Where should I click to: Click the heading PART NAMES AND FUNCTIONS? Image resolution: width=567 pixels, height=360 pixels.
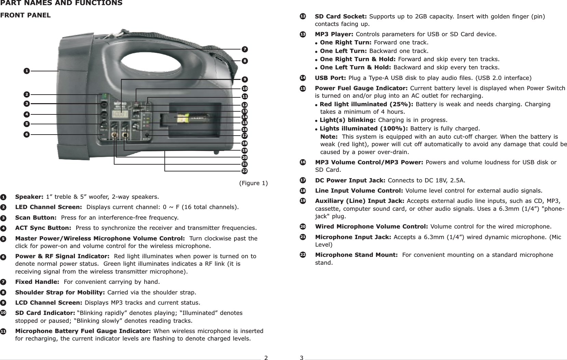[x=61, y=3]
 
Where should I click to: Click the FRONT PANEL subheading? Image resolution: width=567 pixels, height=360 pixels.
[x=25, y=15]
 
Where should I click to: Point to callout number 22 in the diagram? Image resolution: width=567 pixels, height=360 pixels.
[x=244, y=170]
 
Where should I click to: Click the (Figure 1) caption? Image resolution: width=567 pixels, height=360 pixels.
[x=253, y=183]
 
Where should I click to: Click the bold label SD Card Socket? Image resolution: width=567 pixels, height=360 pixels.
[x=341, y=16]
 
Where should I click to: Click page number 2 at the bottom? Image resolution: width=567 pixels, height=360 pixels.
[x=266, y=358]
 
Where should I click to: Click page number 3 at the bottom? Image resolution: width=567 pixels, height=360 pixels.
[x=301, y=358]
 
